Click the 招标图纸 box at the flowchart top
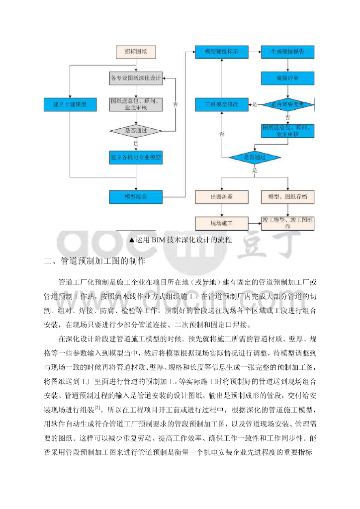[x=136, y=51]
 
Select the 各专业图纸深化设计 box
[x=136, y=78]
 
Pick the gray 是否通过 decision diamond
[x=136, y=131]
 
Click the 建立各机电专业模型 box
[x=136, y=157]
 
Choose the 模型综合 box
[x=136, y=197]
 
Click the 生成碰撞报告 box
[x=287, y=52]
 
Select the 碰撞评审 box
[x=287, y=78]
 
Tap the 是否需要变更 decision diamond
[x=287, y=104]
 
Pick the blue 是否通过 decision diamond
[x=254, y=157]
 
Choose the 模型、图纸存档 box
[x=287, y=197]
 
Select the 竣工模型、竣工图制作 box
[x=287, y=223]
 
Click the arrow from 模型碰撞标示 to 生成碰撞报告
[x=254, y=52]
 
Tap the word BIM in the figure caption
[x=160, y=240]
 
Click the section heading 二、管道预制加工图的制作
[x=94, y=260]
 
